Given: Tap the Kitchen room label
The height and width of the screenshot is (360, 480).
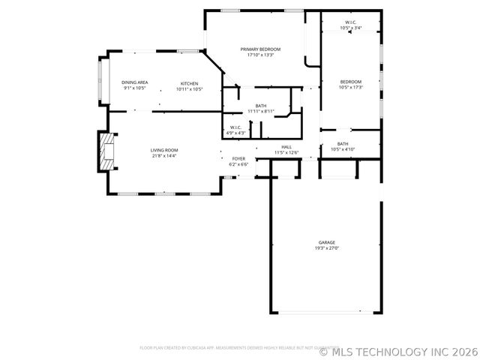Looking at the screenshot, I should click(x=189, y=82).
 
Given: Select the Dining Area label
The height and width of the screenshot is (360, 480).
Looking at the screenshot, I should click(x=135, y=82).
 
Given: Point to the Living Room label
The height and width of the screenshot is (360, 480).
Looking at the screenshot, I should click(x=164, y=150).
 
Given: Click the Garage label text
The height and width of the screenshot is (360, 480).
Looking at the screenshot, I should click(x=326, y=242).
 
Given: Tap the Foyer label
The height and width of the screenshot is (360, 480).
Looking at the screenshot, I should click(x=238, y=158).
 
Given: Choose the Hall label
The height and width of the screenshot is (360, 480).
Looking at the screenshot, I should click(x=286, y=147).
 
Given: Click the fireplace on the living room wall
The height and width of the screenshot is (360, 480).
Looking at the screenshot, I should click(x=105, y=151).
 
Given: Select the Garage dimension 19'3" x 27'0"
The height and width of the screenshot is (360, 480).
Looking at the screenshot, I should click(x=326, y=248).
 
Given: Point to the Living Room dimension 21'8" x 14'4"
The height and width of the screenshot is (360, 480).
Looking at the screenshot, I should click(x=164, y=156).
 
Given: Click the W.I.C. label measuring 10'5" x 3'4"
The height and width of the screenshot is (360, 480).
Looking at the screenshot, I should click(x=350, y=22).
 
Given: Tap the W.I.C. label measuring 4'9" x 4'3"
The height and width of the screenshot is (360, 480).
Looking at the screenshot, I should click(x=235, y=127).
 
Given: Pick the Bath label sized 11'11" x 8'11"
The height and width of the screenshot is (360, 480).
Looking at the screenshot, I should click(x=261, y=106).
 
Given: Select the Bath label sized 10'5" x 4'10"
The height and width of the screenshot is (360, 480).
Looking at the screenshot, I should click(x=343, y=143).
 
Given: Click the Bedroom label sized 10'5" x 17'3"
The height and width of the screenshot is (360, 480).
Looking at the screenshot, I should click(x=350, y=82).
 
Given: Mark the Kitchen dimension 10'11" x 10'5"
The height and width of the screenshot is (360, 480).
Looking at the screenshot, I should click(x=189, y=88).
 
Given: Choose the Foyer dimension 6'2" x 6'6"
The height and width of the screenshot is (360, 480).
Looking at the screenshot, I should click(x=238, y=164).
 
